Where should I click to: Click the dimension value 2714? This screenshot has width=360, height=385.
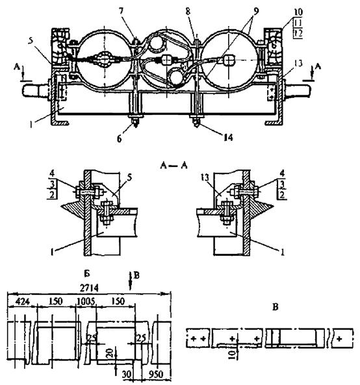(x=89, y=288)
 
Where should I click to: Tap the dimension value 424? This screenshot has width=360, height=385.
(x=22, y=301)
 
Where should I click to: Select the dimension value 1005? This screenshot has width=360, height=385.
(x=86, y=301)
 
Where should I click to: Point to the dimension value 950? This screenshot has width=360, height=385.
(x=156, y=374)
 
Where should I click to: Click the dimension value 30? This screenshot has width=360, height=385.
(x=127, y=374)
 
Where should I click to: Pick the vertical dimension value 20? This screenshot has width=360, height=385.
(x=110, y=353)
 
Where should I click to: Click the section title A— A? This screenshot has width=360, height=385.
(x=174, y=166)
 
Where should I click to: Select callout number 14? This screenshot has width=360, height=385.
(x=228, y=138)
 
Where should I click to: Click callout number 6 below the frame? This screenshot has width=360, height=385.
(x=120, y=139)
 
